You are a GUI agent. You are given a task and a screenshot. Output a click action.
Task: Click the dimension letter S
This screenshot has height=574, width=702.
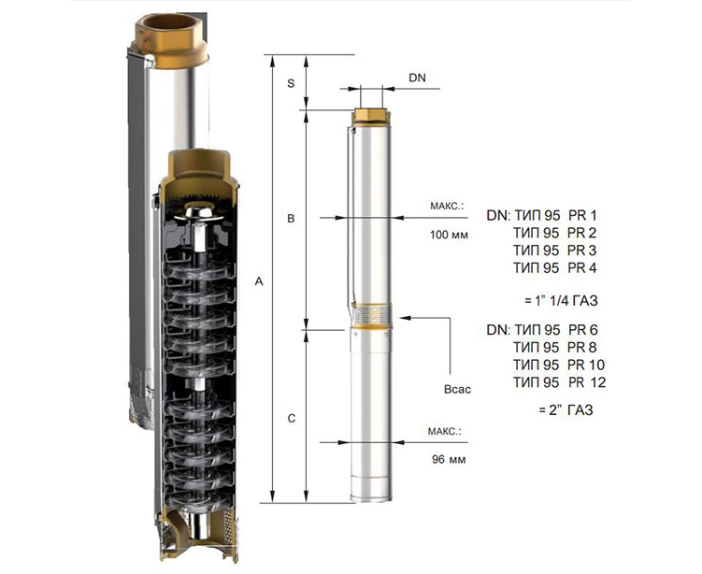291,83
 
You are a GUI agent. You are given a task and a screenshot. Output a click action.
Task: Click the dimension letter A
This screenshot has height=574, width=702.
259,281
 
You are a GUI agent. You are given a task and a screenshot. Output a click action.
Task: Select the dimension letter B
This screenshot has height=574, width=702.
291,219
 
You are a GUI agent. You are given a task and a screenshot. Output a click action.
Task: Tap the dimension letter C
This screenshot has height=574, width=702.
292,419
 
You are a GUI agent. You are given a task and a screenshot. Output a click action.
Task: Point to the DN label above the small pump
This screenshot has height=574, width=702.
417,78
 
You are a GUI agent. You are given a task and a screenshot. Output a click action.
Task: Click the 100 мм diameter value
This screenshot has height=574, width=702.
449,235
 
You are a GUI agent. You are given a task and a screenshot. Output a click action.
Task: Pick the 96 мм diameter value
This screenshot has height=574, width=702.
449,459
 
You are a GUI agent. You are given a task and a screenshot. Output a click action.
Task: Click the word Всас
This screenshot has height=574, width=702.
457,389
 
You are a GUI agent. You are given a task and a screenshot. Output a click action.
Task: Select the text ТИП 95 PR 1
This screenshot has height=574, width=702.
555,216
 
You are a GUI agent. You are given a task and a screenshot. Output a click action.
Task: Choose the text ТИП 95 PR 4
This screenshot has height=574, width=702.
554,267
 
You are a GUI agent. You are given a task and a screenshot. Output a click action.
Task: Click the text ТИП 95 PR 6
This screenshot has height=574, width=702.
556,330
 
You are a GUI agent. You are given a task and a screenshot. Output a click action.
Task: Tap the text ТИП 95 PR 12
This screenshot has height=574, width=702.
560,382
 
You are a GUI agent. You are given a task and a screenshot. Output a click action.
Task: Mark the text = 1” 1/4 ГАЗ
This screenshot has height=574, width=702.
562,300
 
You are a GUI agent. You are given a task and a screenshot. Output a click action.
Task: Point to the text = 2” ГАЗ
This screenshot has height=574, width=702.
566,409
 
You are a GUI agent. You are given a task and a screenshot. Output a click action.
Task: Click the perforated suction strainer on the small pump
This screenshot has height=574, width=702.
372,317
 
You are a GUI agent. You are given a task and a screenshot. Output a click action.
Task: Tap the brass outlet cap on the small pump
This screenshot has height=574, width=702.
371,117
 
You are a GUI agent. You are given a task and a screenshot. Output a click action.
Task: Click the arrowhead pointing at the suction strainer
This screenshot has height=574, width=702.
404,318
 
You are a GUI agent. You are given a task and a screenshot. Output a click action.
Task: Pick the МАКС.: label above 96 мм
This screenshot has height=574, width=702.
444,432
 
